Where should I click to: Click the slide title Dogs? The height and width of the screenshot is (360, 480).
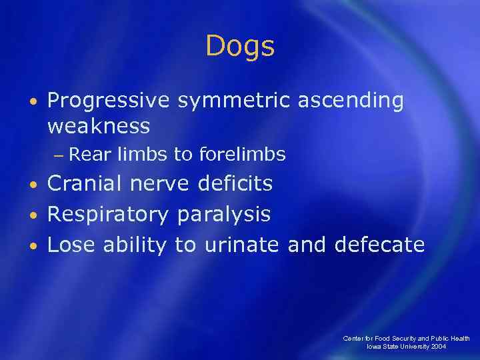pyautogui.click(x=240, y=47)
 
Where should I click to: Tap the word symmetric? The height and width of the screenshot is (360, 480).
pyautogui.click(x=233, y=101)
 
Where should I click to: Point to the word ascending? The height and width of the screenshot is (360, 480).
pyautogui.click(x=351, y=101)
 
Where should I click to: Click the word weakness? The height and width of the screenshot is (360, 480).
pyautogui.click(x=99, y=125)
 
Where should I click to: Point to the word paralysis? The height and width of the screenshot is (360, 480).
pyautogui.click(x=224, y=214)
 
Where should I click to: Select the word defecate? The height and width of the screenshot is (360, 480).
pyautogui.click(x=379, y=245)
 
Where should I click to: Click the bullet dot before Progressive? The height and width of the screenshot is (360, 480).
pyautogui.click(x=33, y=101)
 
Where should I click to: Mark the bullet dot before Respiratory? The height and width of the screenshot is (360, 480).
pyautogui.click(x=33, y=215)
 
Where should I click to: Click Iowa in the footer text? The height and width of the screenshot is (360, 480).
pyautogui.click(x=375, y=347)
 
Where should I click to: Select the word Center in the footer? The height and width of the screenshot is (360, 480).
pyautogui.click(x=354, y=339)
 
